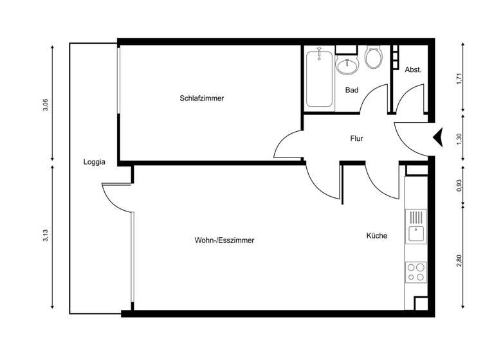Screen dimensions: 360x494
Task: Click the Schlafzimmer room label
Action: click(x=201, y=98)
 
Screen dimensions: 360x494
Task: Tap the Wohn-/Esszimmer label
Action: click(x=224, y=240)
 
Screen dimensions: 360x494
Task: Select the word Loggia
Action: click(x=94, y=162)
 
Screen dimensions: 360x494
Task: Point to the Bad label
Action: click(x=351, y=90)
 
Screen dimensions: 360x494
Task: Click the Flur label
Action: click(x=358, y=138)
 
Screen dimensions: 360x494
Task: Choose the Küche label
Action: click(x=377, y=236)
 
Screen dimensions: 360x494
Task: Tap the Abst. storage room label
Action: click(x=413, y=69)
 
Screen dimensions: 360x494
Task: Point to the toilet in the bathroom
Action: click(x=373, y=58)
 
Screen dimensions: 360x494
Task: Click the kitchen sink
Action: click(x=416, y=226)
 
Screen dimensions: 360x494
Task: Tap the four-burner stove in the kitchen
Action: click(x=416, y=272)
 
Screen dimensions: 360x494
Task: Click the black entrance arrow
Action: click(x=439, y=137)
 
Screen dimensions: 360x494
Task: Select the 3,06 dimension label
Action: click(x=44, y=105)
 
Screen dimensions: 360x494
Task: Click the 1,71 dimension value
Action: click(x=459, y=79)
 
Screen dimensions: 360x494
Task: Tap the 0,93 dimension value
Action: click(x=459, y=184)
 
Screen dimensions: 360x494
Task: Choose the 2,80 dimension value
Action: click(x=459, y=260)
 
